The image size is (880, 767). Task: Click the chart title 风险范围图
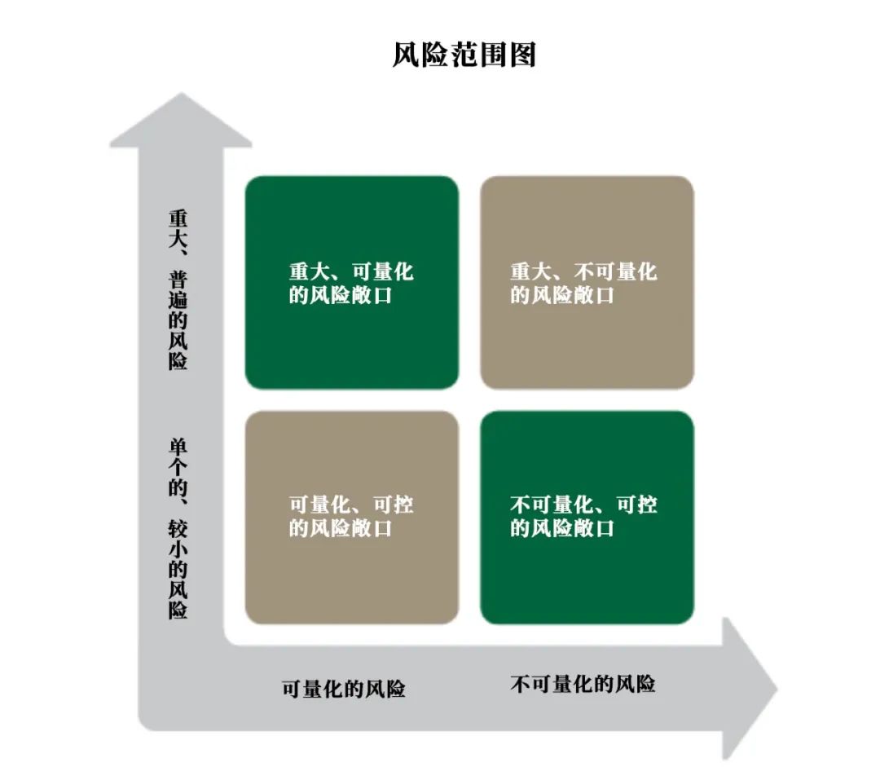click(464, 55)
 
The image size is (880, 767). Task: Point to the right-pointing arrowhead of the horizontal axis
click(750, 689)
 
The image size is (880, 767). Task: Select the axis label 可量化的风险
click(344, 689)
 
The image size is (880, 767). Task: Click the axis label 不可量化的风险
click(583, 684)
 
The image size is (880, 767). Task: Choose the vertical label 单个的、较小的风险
click(178, 529)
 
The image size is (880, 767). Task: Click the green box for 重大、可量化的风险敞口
click(352, 283)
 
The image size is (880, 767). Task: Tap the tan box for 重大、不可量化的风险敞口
click(587, 283)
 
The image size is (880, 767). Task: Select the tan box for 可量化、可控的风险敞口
click(352, 517)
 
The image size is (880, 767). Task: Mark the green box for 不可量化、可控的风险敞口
click(587, 517)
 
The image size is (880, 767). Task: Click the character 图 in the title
click(523, 55)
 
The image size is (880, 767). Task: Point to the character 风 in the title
click(406, 55)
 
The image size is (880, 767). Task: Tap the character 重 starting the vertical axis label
click(178, 219)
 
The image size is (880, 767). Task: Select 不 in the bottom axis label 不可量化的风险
click(520, 684)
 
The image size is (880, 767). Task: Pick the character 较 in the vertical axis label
click(178, 529)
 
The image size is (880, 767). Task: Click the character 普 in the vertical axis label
click(178, 280)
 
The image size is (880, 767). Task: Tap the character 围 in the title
click(494, 55)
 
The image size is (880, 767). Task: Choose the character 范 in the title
click(464, 55)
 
